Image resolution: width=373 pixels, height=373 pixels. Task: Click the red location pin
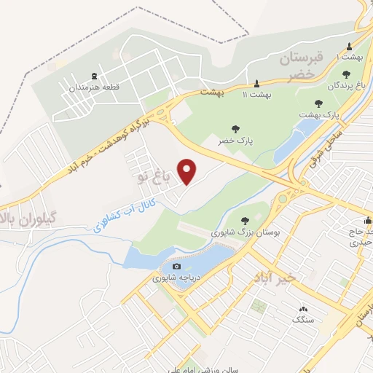pos(188,171)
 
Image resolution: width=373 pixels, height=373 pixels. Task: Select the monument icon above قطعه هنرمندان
pos(94,76)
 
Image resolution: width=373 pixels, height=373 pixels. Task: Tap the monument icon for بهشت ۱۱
pos(256,82)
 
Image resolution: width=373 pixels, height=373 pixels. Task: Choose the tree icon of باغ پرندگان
pos(346,74)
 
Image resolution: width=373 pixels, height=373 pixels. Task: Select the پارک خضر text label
pos(235,140)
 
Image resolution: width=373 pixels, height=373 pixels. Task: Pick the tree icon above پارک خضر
pos(235,128)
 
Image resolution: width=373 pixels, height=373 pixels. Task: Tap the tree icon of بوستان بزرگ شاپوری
pos(245,220)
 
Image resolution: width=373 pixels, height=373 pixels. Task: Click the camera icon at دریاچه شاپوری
pos(175,267)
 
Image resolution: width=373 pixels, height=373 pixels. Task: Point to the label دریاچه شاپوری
pos(175,278)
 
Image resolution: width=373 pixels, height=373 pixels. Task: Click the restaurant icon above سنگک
pos(300,309)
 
